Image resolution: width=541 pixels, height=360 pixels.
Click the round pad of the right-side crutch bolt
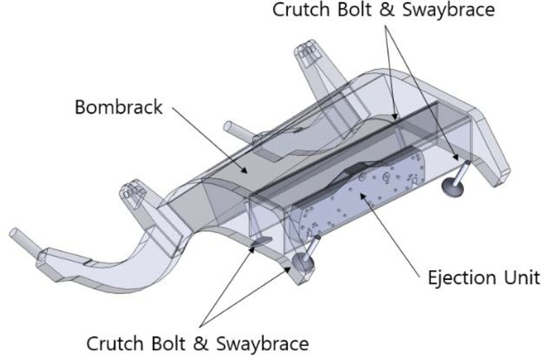451,187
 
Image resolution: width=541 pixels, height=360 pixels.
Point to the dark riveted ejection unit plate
358,196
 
